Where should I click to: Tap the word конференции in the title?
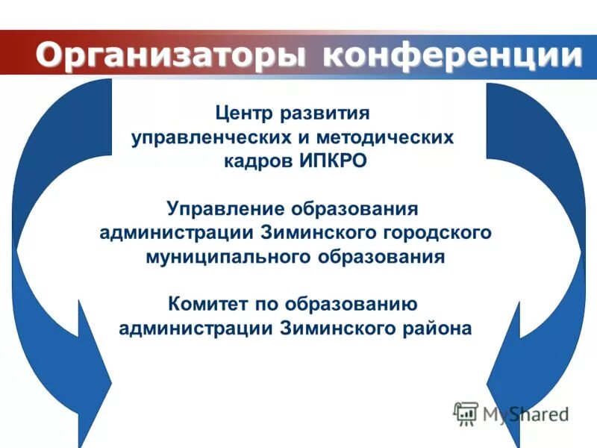(x=453, y=55)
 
